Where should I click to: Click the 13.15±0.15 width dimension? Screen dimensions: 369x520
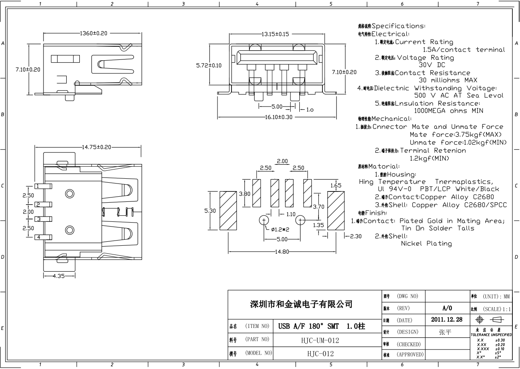(275, 34)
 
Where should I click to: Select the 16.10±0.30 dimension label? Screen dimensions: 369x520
(279, 117)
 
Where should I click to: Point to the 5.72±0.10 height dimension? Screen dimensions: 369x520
(209, 65)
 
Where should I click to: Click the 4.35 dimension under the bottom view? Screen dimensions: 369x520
(59, 276)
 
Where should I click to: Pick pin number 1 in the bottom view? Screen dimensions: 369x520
(39, 186)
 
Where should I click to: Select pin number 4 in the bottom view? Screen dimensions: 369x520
(39, 237)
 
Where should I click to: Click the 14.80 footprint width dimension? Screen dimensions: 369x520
(282, 252)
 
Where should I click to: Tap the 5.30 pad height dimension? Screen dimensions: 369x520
(210, 211)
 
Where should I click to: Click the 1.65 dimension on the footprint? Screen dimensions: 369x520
(336, 185)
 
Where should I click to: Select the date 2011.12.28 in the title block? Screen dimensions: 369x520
(447, 320)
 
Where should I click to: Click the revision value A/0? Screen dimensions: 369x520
(447, 308)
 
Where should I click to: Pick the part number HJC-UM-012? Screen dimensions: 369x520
(320, 340)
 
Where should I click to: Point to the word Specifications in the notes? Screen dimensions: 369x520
(398, 26)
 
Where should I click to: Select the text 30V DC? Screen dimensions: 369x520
(431, 65)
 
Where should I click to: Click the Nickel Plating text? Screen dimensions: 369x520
(426, 244)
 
